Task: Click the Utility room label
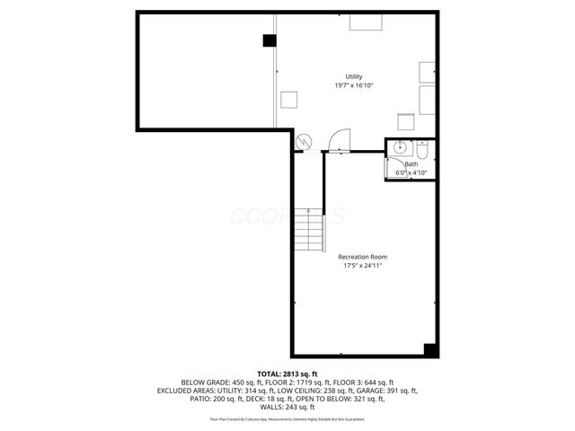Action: click(x=354, y=76)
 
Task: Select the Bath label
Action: click(x=411, y=164)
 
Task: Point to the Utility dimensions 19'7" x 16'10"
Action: click(x=354, y=85)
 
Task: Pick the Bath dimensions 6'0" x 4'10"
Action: click(x=411, y=172)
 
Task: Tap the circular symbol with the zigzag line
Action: click(x=304, y=141)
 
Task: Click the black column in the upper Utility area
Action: click(x=269, y=40)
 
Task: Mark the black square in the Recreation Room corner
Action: click(x=430, y=349)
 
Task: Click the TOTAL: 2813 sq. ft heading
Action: click(x=287, y=374)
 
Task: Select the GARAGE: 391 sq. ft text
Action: click(x=385, y=391)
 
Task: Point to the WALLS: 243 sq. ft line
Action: click(x=287, y=408)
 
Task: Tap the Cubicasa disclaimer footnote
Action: click(x=287, y=419)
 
